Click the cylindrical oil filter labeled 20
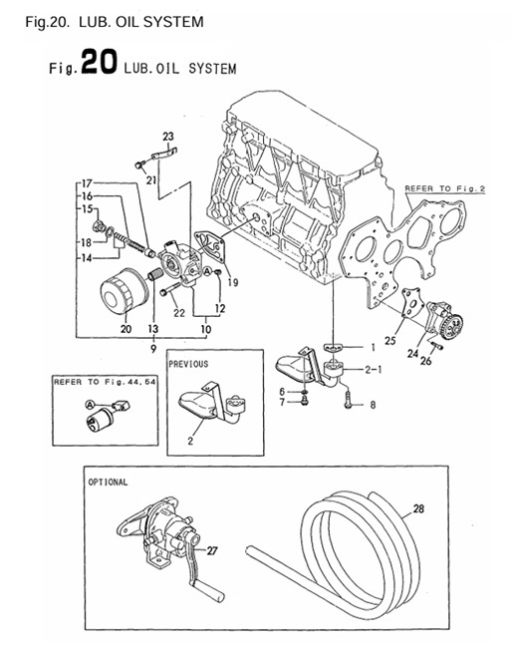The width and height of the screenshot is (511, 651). pyautogui.click(x=125, y=296)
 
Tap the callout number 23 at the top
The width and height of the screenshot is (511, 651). pyautogui.click(x=167, y=136)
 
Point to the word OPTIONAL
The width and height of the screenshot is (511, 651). pyautogui.click(x=108, y=482)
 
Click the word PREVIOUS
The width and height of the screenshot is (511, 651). pyautogui.click(x=189, y=364)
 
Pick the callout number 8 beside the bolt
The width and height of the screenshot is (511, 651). pyautogui.click(x=373, y=405)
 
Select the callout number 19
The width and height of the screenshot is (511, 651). pyautogui.click(x=232, y=282)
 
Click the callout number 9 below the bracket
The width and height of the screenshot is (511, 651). pyautogui.click(x=152, y=348)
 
